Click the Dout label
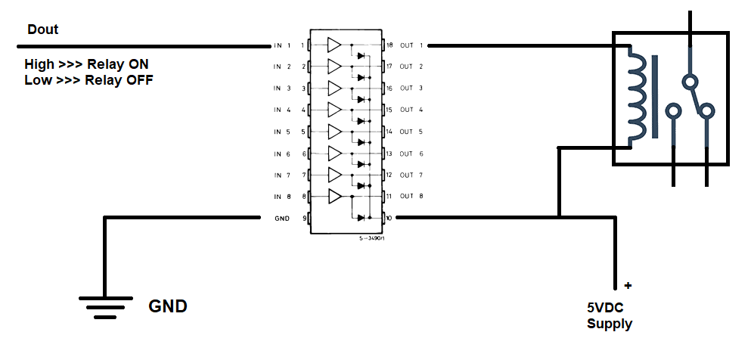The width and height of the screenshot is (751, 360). pos(43,30)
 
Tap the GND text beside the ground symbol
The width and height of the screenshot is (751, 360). pos(167,307)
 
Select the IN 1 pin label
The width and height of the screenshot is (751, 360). pos(283,45)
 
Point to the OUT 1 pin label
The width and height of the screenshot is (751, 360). pos(412,45)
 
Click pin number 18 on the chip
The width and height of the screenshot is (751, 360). pos(389,45)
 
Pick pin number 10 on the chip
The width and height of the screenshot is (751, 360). pos(389,218)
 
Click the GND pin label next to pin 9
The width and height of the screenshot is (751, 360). pos(282,218)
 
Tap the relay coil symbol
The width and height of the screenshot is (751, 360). pos(638,96)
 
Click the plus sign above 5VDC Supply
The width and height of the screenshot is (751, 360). pos(627,287)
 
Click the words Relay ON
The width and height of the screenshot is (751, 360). pos(118,64)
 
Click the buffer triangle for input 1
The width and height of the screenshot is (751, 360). pos(334,45)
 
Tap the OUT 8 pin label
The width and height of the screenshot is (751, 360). pos(412,197)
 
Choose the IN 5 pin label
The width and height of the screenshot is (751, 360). pos(283,132)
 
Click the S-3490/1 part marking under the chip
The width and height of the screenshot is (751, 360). pos(371,237)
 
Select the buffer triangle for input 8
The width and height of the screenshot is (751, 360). pos(334,197)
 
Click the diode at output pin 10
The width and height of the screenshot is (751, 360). pos(361,218)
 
